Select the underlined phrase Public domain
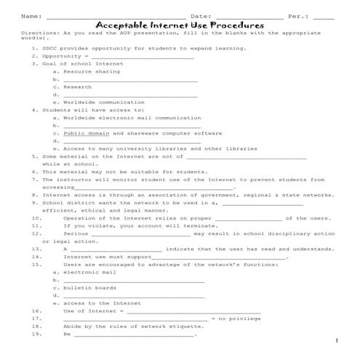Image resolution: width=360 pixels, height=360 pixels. click(86, 133)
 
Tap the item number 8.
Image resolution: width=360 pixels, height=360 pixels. click(35, 195)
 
